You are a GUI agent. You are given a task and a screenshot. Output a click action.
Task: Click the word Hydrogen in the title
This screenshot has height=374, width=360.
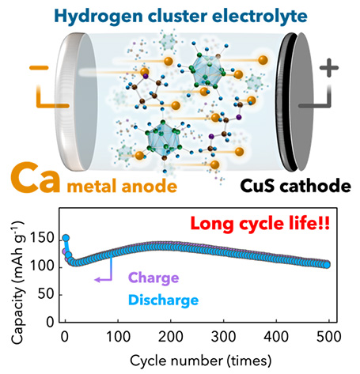tap(99, 17)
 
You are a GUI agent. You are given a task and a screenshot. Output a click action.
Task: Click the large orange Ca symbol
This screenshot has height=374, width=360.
tap(36, 178)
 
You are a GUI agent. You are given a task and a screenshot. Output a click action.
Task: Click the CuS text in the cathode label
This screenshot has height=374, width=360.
tap(257, 186)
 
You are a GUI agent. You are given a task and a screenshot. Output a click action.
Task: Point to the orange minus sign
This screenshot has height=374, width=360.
tap(39, 68)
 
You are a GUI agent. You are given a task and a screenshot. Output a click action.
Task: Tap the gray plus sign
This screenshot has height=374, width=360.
tap(328, 68)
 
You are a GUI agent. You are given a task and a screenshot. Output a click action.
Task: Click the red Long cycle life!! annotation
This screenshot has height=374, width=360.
tap(260, 224)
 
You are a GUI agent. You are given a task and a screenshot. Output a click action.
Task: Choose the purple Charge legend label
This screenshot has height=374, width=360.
tap(153, 278)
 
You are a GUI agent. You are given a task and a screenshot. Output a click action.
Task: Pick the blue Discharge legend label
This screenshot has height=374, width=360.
tap(164, 300)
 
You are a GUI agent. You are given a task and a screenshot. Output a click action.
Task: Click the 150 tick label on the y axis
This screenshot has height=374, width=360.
tap(42, 238)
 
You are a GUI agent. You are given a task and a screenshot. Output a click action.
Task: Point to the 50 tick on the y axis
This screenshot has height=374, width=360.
tap(46, 294)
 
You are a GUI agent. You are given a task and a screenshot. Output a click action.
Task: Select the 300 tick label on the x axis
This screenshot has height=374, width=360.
tap(223, 337)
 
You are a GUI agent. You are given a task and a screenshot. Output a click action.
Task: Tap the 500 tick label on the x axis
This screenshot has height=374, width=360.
tap(329, 337)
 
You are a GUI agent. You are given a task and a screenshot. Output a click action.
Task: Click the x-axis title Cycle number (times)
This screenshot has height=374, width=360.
tap(200, 361)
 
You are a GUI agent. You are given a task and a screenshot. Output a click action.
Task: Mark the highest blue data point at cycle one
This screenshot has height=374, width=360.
tap(66, 238)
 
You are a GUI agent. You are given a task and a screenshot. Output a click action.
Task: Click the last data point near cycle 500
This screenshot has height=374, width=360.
tap(327, 265)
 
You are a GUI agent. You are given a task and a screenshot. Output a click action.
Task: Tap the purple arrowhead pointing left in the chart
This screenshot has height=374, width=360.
tap(97, 279)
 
